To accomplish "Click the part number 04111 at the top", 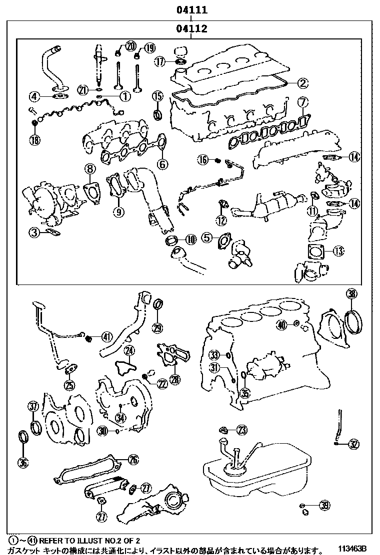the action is point(191,10).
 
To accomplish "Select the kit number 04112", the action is point(191,29).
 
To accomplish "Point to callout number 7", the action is point(303,103).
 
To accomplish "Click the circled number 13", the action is point(339,251).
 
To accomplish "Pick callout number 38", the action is point(351,294).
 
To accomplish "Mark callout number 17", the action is point(159,62).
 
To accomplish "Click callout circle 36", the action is point(23,462).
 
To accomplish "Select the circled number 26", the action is point(133,460).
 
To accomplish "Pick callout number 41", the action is point(106,336).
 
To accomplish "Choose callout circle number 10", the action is point(190,240).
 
